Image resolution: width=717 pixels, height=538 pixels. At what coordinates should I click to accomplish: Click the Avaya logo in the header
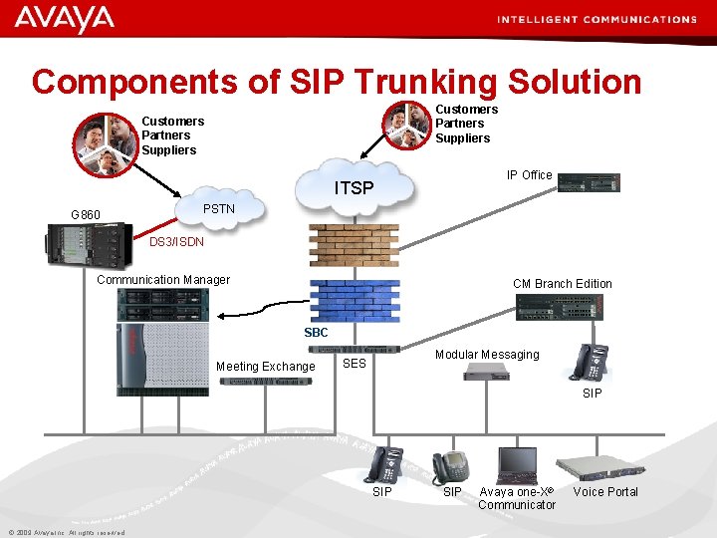(x=65, y=18)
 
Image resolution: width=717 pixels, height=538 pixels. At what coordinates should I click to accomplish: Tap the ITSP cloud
(x=354, y=184)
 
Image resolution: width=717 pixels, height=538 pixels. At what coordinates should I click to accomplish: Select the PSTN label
(x=218, y=208)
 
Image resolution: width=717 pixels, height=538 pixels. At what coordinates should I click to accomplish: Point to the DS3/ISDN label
(x=176, y=242)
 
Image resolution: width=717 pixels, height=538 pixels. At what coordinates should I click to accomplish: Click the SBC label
(x=316, y=333)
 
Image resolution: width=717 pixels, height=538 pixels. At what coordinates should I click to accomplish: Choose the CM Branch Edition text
(x=562, y=284)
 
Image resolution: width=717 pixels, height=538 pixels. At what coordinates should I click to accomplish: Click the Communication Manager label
(x=163, y=280)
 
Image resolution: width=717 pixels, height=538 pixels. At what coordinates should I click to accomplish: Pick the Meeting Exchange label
(x=265, y=367)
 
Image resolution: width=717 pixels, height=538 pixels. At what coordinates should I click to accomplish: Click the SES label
(x=355, y=364)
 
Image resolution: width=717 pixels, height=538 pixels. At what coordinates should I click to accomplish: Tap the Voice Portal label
(x=605, y=492)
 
